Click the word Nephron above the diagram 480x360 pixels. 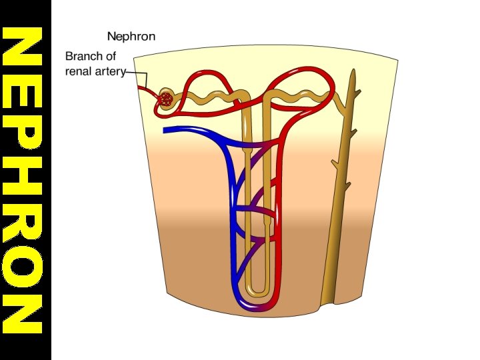[x=131, y=36]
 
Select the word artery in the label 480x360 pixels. [x=111, y=71]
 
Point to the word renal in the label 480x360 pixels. [x=79, y=71]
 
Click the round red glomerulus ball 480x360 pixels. [x=165, y=100]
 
